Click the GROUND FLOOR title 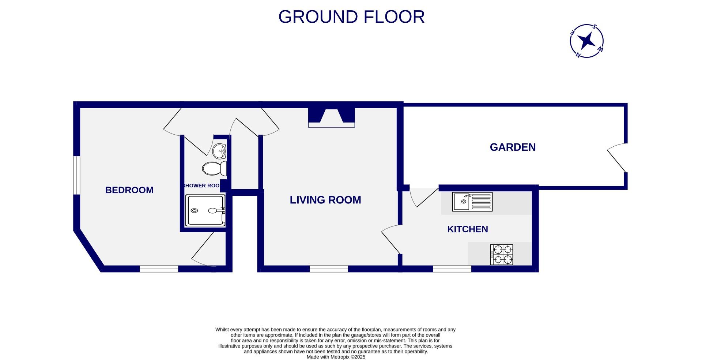point(351,17)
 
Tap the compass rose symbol point(586,41)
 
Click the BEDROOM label point(129,190)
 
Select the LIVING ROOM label point(325,200)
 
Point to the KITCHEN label point(467,229)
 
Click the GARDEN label point(513,147)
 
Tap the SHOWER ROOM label point(201,185)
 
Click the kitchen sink point(472,202)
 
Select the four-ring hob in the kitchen point(502,255)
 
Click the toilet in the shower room point(214,168)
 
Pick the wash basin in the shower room point(220,150)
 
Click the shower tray point(205,211)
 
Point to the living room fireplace point(331,117)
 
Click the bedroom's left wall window point(76,175)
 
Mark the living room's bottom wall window point(329,269)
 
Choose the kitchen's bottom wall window point(452,269)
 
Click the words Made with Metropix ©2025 point(336,357)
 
